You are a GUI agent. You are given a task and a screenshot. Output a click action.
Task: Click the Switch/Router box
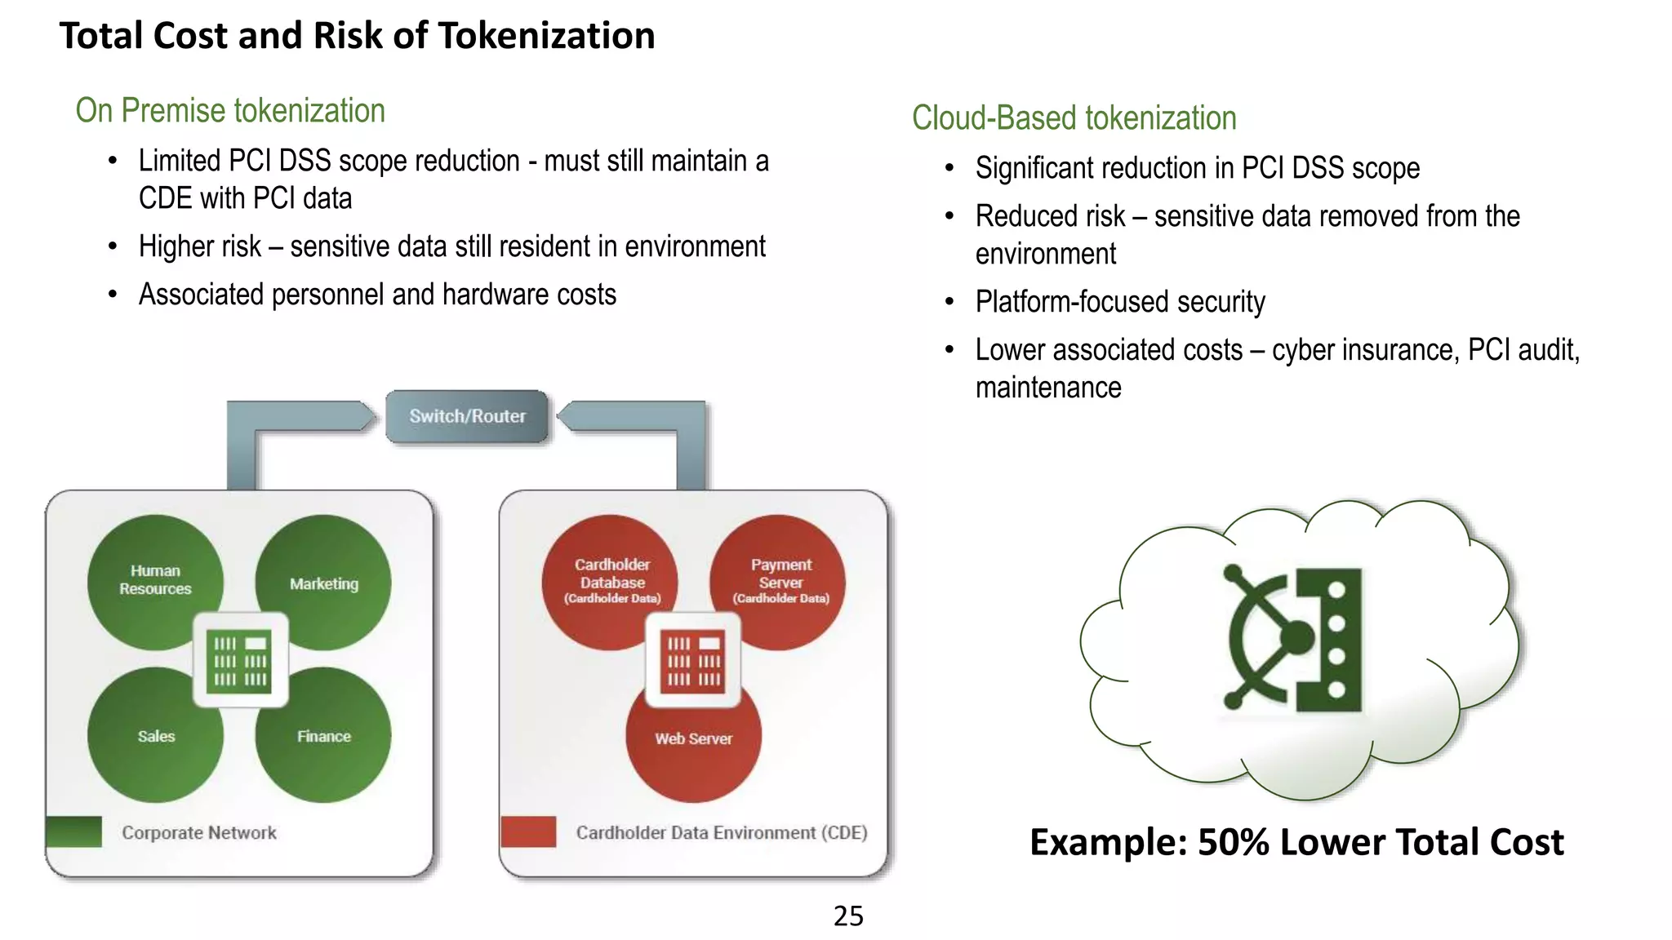(467, 416)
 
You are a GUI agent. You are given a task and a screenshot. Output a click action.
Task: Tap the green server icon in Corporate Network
(240, 660)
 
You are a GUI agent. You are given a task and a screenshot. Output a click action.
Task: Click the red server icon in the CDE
(693, 660)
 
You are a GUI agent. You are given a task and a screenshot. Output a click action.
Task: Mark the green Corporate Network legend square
(74, 831)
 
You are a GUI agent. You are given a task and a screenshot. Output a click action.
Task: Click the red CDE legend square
(528, 831)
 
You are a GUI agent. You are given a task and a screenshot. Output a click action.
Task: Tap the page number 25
(848, 916)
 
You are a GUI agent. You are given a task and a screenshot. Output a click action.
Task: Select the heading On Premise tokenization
(230, 111)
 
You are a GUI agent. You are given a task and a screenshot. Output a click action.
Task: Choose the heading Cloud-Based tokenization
(1074, 118)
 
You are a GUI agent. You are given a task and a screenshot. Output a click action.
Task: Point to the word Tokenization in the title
(546, 36)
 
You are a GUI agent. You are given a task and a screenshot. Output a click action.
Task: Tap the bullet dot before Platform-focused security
(949, 303)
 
